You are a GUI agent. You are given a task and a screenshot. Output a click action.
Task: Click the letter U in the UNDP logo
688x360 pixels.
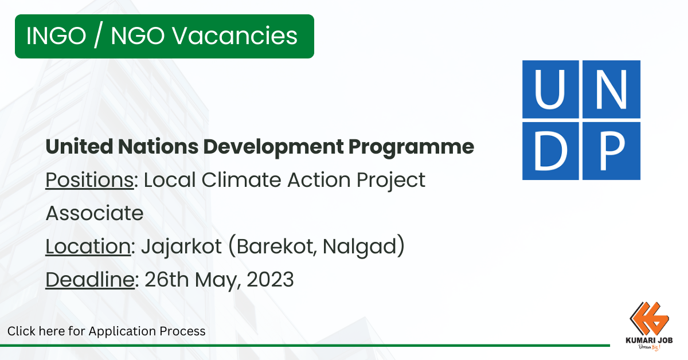549,89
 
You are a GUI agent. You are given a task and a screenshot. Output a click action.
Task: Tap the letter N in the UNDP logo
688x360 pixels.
611,89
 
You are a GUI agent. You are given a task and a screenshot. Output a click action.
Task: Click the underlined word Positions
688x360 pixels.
89,180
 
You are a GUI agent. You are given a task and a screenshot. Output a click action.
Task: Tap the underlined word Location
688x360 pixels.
88,246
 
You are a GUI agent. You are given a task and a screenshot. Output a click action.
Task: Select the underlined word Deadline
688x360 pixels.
90,280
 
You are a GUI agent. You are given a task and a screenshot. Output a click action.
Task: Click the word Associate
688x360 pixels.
95,213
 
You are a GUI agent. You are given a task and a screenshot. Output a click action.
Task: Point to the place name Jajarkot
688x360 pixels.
181,247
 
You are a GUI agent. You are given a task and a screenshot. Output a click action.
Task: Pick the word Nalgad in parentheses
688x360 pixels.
359,247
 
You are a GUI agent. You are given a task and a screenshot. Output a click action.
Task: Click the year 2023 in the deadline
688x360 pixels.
270,280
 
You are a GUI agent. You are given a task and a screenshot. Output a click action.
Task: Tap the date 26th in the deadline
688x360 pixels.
167,280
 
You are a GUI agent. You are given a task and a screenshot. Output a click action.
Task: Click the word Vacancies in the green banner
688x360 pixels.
234,36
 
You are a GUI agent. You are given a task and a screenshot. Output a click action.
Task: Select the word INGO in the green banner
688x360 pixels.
56,36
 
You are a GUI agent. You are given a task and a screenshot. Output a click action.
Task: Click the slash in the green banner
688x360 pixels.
98,36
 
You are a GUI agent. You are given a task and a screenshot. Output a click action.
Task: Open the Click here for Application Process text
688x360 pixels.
106,331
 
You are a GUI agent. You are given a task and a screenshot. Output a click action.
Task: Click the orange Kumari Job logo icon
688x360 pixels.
649,319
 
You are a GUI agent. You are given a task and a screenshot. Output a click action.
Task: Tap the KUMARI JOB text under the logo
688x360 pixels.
649,341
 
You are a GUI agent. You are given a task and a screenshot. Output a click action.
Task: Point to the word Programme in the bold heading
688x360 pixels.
411,147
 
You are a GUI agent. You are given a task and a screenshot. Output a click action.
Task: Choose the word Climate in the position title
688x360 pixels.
241,180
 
